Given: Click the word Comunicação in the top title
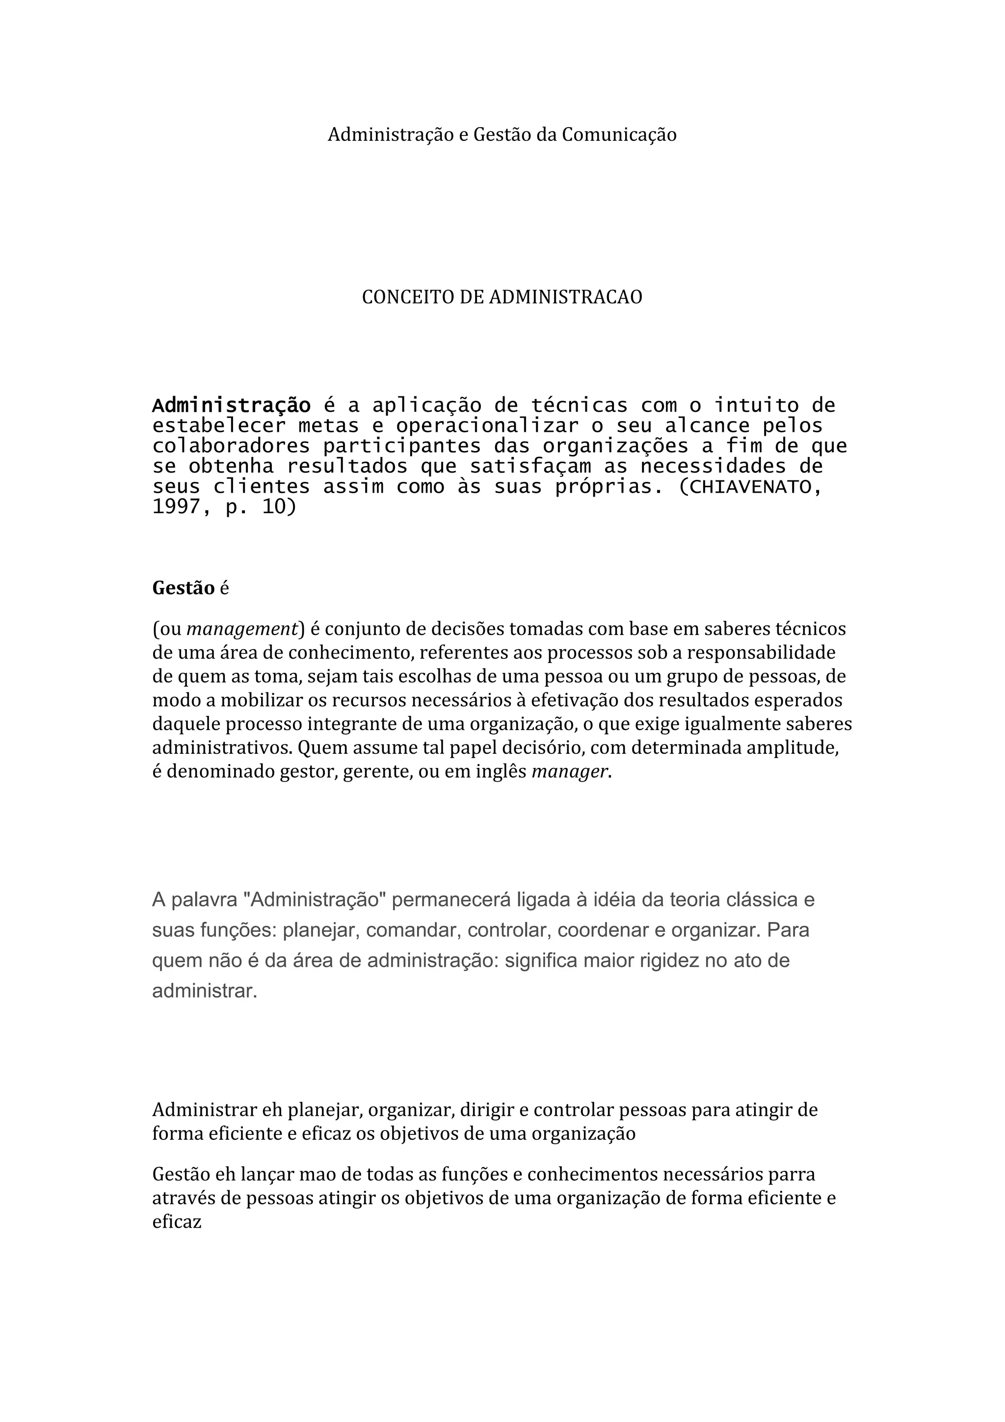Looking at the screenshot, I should [619, 135].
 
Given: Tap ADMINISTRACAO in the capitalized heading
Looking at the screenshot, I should [565, 297].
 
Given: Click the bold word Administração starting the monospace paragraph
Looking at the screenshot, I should [231, 406].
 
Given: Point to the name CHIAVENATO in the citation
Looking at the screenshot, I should [749, 487].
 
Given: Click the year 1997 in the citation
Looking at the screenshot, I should [177, 507].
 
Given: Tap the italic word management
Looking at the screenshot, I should [242, 629].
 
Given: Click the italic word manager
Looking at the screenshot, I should [570, 772].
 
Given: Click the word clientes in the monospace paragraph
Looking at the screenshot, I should [262, 487].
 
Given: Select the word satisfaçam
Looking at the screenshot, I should [530, 466].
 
